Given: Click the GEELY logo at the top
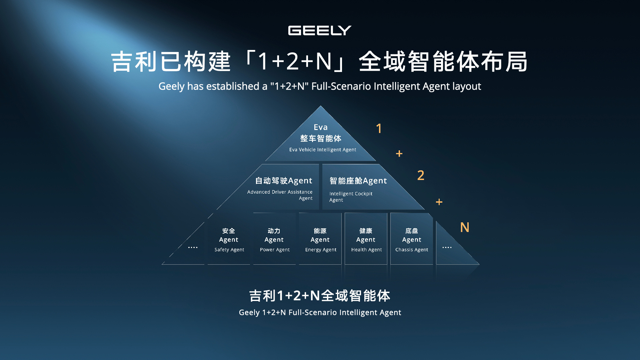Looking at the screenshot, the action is pos(320,31).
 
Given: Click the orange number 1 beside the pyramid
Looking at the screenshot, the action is pos(379,129).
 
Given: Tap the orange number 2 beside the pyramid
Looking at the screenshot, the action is pos(421,175).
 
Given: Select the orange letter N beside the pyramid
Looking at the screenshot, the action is pos(464,227).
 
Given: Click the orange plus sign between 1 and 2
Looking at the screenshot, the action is pos(399,154).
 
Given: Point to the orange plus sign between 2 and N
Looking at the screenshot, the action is pos(439,202).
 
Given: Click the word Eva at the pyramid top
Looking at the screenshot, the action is pos(321,127).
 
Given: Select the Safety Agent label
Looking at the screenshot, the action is pos(229,250).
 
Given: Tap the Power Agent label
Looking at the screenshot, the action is pos(275,250).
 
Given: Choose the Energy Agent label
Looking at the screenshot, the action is pos(321,250).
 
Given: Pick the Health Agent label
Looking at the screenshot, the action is pos(366,250).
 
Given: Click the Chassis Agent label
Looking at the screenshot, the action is pos(412,250).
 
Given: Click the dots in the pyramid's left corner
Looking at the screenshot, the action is pos(193,247).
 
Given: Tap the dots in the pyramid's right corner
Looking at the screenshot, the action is pos(447,247).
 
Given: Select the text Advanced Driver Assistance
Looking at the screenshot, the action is pos(280,192).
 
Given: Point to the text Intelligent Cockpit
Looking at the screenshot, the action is pos(351,194).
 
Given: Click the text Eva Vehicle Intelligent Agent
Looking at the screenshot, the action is pos(322,150).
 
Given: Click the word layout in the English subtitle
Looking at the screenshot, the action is pos(466,86).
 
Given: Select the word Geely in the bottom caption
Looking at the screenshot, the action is pos(249,313).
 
